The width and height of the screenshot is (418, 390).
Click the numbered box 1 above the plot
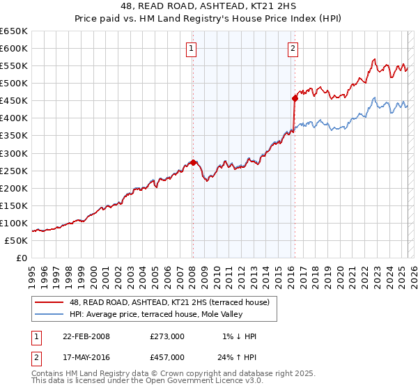(191, 48)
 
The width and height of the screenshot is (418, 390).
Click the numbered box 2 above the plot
(293, 48)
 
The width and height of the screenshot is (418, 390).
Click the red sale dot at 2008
(193, 162)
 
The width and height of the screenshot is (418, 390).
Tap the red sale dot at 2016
(295, 98)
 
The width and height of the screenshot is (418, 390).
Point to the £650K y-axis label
(14, 31)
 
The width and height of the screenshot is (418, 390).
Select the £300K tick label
(14, 153)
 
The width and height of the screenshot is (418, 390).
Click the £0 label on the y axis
(22, 258)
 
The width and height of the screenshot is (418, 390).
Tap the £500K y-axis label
(14, 84)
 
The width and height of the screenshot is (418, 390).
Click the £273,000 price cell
(167, 336)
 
